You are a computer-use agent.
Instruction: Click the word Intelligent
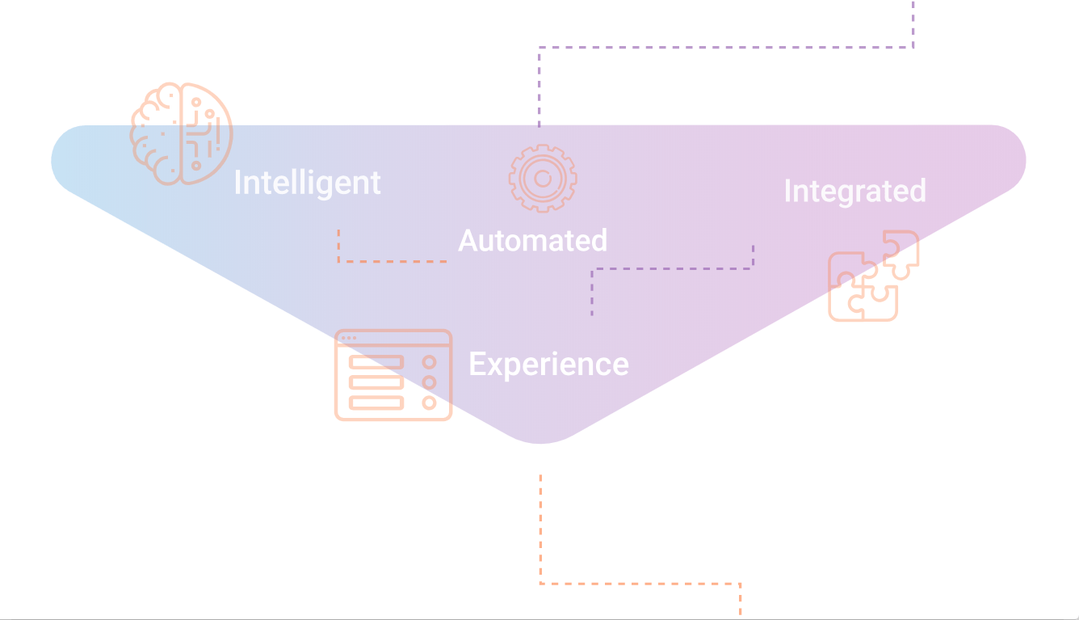tap(307, 183)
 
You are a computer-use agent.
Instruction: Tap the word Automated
tap(532, 240)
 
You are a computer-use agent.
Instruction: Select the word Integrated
tap(854, 191)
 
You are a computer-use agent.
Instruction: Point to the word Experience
tap(548, 364)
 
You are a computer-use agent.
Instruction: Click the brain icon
tap(181, 133)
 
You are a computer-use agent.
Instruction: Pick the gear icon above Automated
tap(543, 178)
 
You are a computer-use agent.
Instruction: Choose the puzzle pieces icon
tap(873, 276)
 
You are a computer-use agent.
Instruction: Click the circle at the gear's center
tap(543, 178)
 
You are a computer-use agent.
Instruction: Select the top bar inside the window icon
tap(376, 362)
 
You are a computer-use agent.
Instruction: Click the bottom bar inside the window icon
tap(376, 402)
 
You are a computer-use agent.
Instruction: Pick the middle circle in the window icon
tap(430, 382)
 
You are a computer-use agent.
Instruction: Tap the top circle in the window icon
tap(430, 362)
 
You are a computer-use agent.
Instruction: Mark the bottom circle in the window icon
tap(430, 402)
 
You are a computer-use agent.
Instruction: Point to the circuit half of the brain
tap(206, 133)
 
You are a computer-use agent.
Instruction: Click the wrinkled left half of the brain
tap(157, 133)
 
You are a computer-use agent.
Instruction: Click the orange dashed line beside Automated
tap(393, 261)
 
